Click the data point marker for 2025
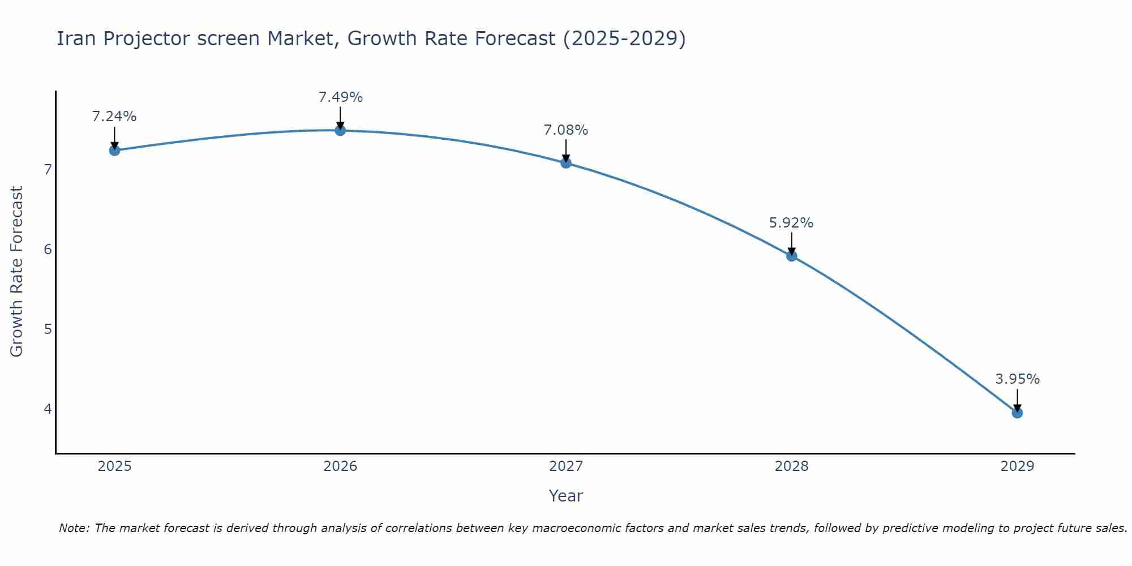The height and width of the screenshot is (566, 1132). tap(114, 150)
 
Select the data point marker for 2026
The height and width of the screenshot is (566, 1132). tap(340, 131)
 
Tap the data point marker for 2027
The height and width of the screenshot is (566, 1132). tap(566, 163)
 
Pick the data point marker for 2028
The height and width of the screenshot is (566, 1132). tap(792, 256)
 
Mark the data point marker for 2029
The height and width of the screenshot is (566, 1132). tap(1017, 413)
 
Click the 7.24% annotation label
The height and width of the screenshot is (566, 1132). tap(114, 117)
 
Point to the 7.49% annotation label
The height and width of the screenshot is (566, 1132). tap(340, 97)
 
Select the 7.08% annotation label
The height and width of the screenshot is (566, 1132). tap(566, 130)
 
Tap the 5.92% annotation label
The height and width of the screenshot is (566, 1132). tap(791, 223)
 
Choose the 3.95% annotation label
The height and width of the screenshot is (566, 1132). tap(1017, 379)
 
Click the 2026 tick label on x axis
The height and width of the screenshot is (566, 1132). tap(340, 466)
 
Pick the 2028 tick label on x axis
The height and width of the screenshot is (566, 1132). tap(792, 466)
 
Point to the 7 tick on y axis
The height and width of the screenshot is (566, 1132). tap(48, 169)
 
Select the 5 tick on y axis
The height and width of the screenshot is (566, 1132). tap(48, 329)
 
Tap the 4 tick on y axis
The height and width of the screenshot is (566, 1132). tap(48, 409)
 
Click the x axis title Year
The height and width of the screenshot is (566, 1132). tap(566, 496)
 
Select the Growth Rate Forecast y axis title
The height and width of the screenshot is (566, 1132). tap(17, 272)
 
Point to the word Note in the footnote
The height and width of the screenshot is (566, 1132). tap(74, 528)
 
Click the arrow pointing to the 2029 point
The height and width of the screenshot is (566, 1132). tap(1017, 400)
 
